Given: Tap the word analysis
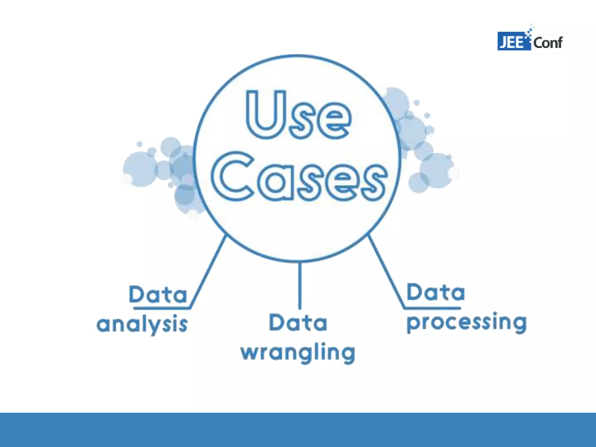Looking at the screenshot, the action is pyautogui.click(x=142, y=324).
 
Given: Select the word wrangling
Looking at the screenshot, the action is pyautogui.click(x=298, y=353).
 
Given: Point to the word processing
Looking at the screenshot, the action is pyautogui.click(x=466, y=322).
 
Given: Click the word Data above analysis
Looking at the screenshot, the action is pyautogui.click(x=158, y=295).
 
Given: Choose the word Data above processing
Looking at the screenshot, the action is pyautogui.click(x=435, y=292).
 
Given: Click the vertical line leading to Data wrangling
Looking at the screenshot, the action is pyautogui.click(x=300, y=285).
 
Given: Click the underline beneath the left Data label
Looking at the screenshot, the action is pyautogui.click(x=162, y=307).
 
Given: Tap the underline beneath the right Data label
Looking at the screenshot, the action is pyautogui.click(x=432, y=308).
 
